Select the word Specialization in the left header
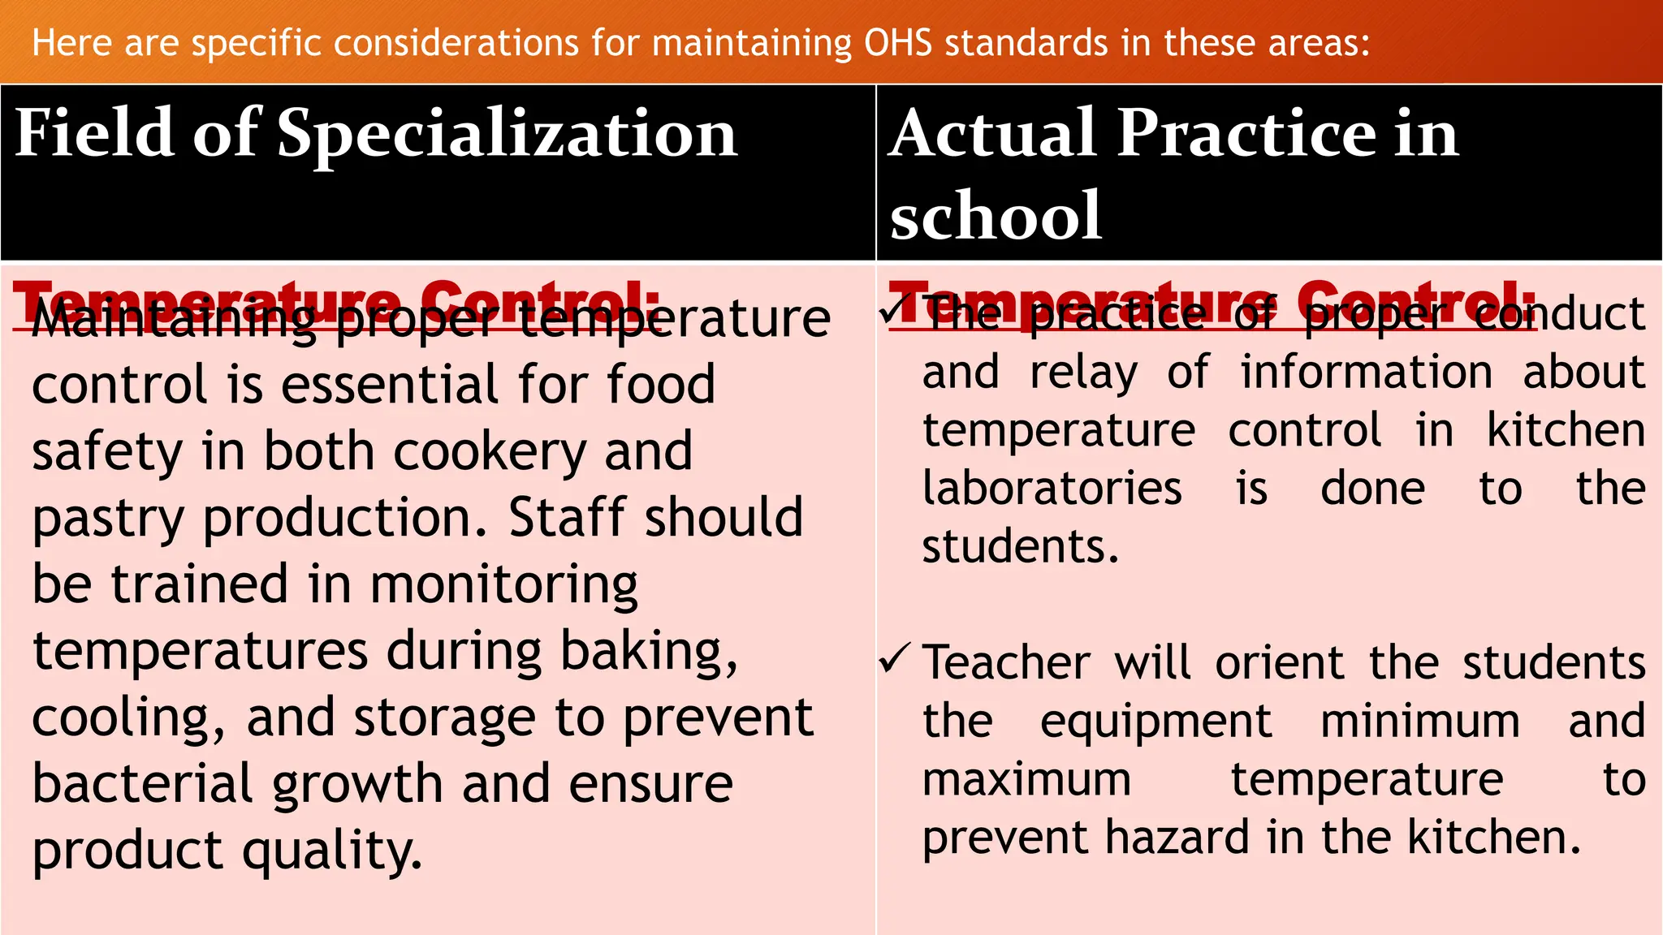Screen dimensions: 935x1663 [507, 133]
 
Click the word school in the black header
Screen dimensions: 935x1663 [996, 216]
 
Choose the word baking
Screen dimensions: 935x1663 [649, 652]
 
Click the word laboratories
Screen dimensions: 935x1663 [1052, 489]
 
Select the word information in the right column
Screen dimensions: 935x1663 [1366, 373]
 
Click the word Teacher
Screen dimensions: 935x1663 [1006, 662]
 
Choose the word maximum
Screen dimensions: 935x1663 [1027, 780]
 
